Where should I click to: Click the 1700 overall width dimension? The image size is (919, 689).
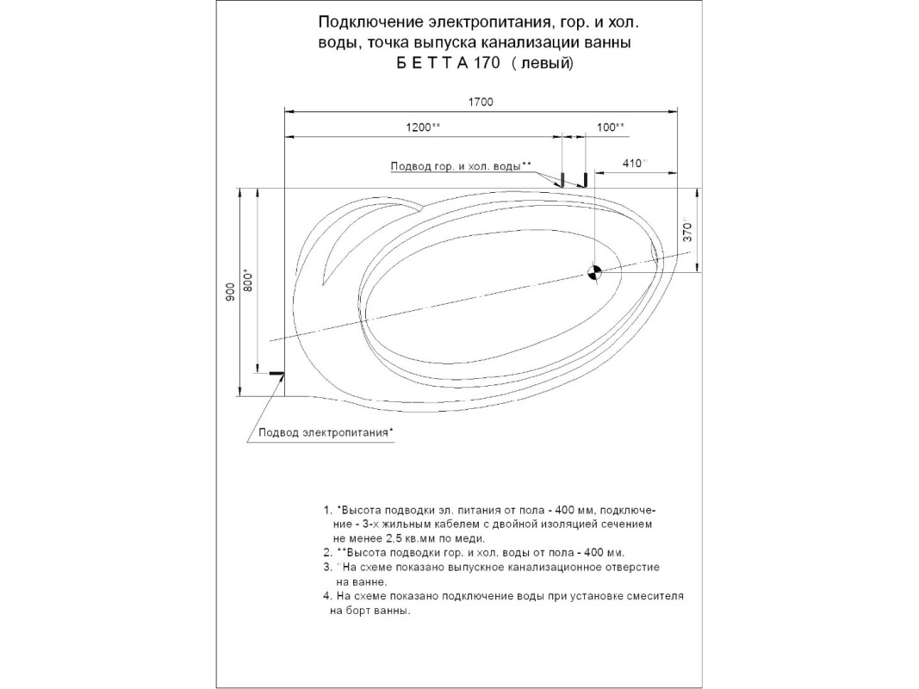481,102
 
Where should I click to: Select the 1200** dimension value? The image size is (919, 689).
423,127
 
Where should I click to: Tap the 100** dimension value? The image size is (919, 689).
610,127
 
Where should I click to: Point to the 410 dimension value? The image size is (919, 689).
634,163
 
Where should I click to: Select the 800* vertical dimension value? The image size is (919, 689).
249,280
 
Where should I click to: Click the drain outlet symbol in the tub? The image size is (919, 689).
593,272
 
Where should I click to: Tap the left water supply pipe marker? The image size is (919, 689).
560,180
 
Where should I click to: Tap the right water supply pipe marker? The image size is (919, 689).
584,180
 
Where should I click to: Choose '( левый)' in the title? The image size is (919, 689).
542,63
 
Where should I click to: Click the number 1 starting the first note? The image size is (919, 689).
326,509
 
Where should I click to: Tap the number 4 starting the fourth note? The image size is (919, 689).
326,596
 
